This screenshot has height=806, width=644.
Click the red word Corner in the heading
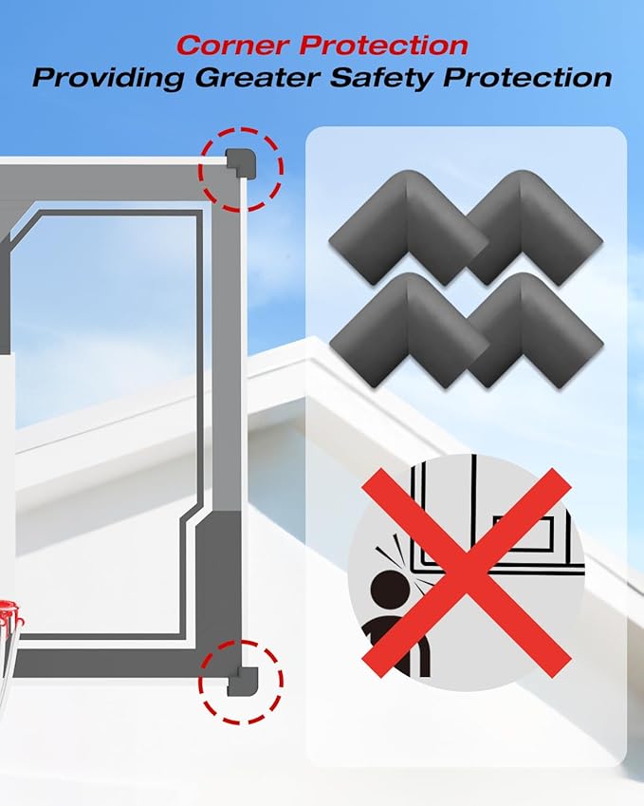coord(232,46)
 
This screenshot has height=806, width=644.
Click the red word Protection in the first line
coord(383,46)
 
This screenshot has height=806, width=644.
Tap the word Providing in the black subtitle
coord(108,78)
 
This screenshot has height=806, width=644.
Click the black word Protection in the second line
coord(527,77)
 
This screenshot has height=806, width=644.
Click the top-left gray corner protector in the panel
coord(408,227)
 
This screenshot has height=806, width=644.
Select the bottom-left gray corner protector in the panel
coord(408,330)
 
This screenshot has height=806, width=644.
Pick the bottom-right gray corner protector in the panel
coord(534,329)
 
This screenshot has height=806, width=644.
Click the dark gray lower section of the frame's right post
coord(220,581)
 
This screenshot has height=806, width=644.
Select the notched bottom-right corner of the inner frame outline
coord(188,519)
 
